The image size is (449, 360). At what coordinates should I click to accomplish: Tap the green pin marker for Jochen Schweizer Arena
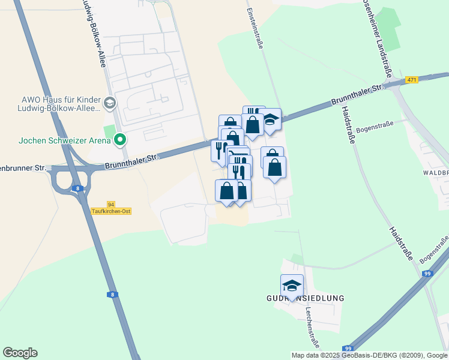click(x=120, y=140)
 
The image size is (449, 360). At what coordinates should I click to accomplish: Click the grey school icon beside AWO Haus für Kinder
click(x=109, y=103)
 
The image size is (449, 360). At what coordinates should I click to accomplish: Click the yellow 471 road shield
click(x=411, y=80)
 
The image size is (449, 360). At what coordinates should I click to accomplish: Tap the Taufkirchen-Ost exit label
click(x=111, y=211)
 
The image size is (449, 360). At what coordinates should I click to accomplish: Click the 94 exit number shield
click(x=110, y=204)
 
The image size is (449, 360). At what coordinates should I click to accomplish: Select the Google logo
click(x=20, y=353)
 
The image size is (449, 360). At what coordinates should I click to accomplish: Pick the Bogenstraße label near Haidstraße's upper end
click(x=375, y=126)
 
